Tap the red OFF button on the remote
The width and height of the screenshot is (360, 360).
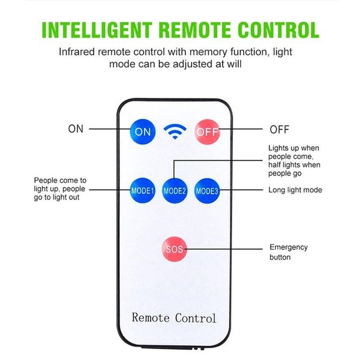click(x=207, y=131)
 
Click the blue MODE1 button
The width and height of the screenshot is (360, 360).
click(x=143, y=191)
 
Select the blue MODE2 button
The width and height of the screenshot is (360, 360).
click(x=175, y=191)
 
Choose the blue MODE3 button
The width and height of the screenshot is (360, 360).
click(x=207, y=191)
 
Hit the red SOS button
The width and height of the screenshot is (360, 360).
click(x=175, y=248)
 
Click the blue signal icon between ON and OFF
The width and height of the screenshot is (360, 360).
click(x=175, y=131)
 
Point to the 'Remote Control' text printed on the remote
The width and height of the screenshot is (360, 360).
click(x=174, y=317)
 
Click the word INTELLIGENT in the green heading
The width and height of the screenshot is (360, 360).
click(x=106, y=29)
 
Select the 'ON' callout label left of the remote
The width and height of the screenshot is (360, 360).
click(x=76, y=128)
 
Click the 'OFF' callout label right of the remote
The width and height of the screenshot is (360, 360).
click(x=279, y=129)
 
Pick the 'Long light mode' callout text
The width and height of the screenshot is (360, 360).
click(x=295, y=190)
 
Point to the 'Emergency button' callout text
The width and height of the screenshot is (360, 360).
click(x=289, y=252)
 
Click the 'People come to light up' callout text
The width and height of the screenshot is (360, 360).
click(x=60, y=188)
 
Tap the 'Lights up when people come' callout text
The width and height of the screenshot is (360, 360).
click(x=293, y=161)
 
